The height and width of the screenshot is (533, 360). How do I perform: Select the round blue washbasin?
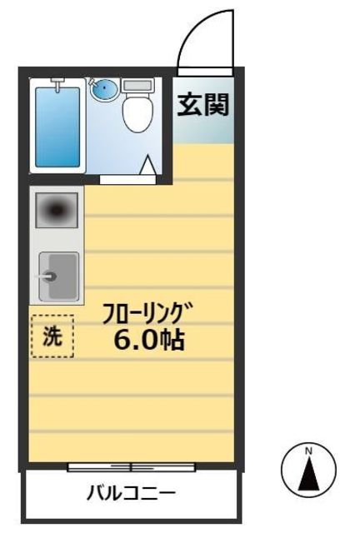click(104, 88)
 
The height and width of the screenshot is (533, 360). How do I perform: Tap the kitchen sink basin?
click(58, 276)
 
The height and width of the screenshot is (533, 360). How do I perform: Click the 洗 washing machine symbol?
click(52, 337)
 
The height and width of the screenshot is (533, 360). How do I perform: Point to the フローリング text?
click(141, 315)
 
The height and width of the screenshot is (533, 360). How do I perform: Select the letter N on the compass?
click(308, 452)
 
